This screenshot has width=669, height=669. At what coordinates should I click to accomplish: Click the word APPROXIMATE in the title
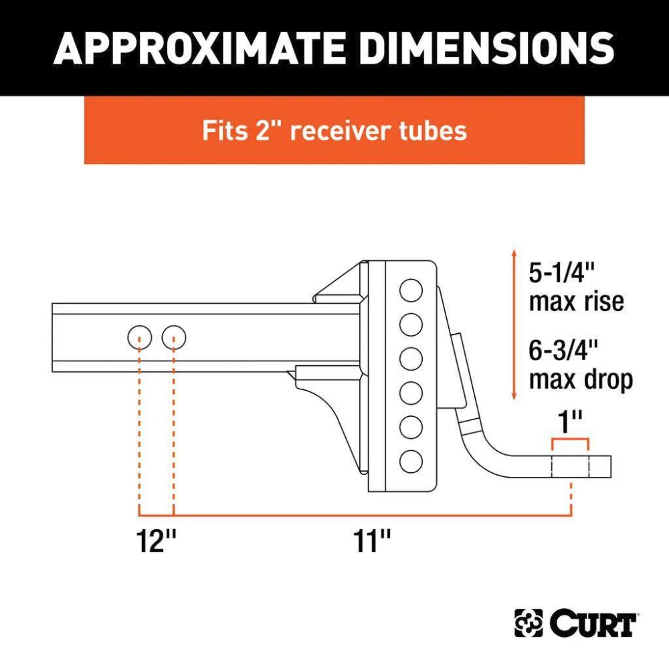[x=199, y=47]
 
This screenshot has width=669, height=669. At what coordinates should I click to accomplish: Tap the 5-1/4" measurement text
[x=562, y=273]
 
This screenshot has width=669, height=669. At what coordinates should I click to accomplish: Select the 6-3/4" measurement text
[x=563, y=350]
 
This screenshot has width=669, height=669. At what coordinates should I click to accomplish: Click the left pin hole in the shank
[x=140, y=337]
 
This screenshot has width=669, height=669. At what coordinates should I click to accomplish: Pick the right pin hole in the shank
[x=174, y=337]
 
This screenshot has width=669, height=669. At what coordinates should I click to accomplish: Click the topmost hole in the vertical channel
[x=411, y=290]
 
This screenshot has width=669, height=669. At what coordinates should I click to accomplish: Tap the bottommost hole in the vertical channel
[x=411, y=461]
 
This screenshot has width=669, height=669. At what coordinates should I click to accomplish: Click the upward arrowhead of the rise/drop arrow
[x=514, y=253]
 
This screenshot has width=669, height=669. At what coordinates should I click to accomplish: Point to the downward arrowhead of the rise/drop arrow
[x=514, y=396]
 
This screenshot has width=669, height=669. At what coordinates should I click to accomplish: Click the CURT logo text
[x=593, y=623]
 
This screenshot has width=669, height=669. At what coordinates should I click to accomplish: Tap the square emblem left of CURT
[x=529, y=624]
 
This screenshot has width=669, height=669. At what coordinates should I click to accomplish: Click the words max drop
[x=581, y=380]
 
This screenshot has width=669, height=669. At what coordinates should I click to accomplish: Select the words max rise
[x=577, y=302]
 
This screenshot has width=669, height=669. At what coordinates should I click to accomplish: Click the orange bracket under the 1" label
[x=571, y=439]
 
